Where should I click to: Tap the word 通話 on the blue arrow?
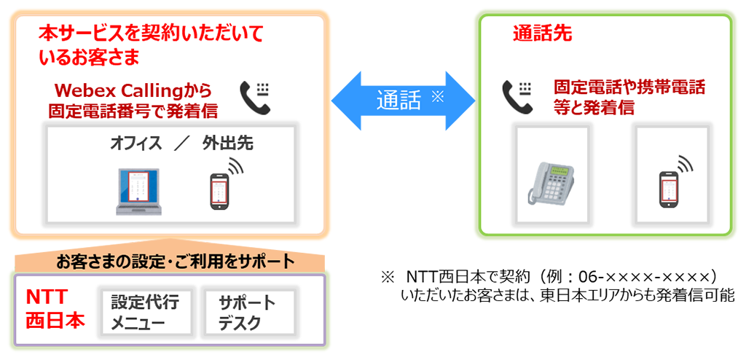(x=398, y=101)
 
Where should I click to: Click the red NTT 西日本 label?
(x=55, y=309)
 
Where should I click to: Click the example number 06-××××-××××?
(x=648, y=277)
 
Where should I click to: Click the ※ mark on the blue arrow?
(x=437, y=97)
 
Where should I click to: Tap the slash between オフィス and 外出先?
(x=181, y=144)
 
